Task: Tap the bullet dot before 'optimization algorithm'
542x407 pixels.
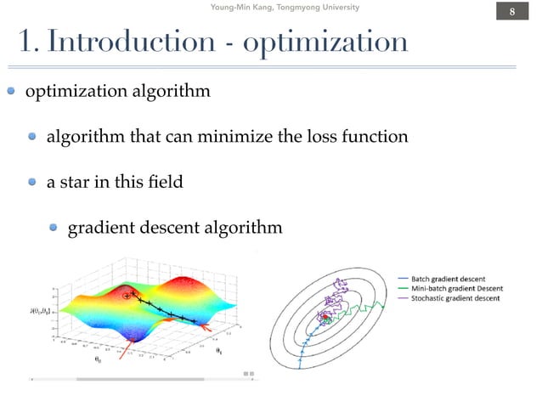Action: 13,92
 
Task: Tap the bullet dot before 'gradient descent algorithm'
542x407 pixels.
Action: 54,228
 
